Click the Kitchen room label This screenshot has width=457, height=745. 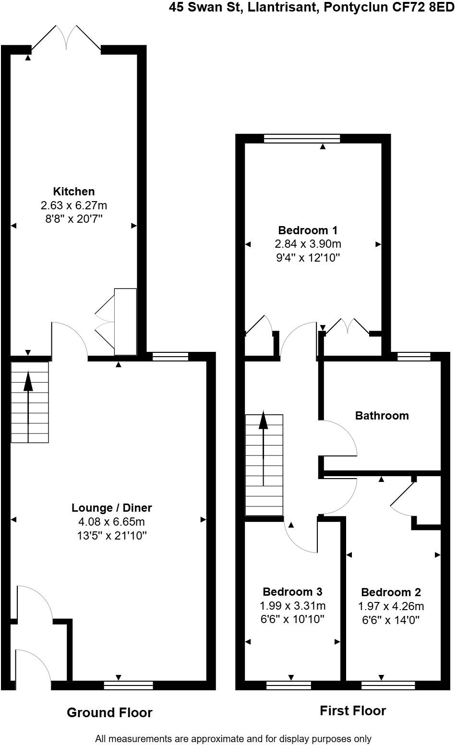click(x=73, y=192)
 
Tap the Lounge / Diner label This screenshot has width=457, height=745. click(x=111, y=507)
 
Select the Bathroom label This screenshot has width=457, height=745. click(x=382, y=416)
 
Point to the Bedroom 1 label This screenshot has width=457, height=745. click(x=308, y=230)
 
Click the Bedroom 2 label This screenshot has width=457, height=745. click(x=391, y=592)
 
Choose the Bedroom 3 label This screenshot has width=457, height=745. click(x=292, y=591)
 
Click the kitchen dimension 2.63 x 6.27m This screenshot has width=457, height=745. click(x=73, y=205)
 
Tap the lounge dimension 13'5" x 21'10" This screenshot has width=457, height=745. click(x=111, y=535)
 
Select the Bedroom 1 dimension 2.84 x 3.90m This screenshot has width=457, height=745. click(x=308, y=244)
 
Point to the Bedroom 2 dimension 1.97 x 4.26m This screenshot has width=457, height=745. click(x=391, y=606)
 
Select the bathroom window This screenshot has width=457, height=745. click(x=414, y=356)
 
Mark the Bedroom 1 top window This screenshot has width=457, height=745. click(x=302, y=139)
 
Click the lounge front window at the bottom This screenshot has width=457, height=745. click(x=128, y=685)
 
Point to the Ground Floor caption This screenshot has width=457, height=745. click(x=109, y=713)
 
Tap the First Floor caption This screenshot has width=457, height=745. click(x=353, y=710)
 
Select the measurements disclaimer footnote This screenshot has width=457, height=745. click(x=233, y=738)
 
